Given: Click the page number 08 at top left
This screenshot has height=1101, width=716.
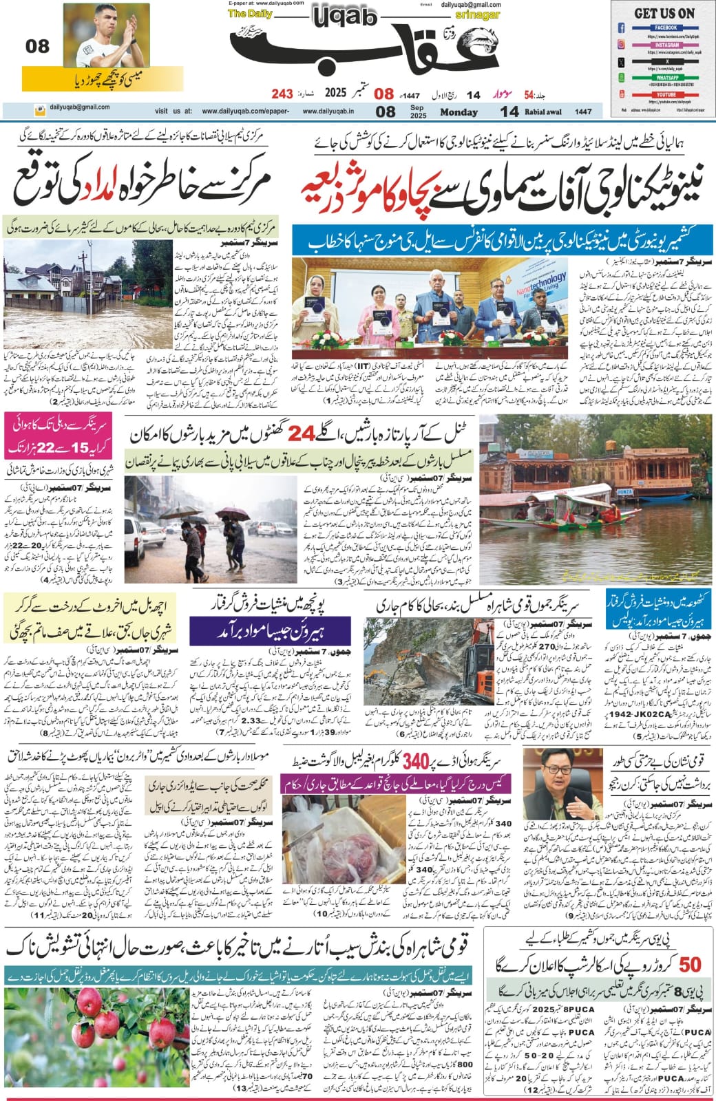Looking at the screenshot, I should point(38,47).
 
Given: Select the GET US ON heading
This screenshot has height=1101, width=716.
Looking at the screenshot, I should point(664,13).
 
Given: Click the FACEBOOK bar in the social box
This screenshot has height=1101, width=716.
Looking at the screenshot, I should point(666,28).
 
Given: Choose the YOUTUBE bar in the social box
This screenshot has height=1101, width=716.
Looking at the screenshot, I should point(666,94).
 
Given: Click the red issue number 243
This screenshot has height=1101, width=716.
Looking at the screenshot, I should point(282,93).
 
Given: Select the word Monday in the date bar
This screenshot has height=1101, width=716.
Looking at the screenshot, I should point(459,112).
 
